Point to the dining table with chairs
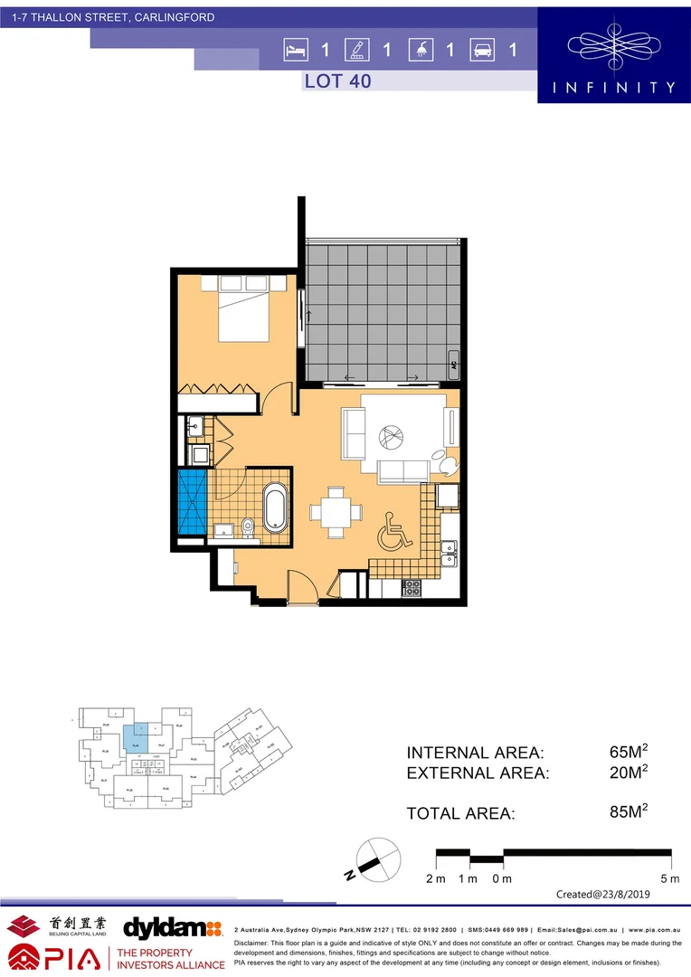coord(336,511)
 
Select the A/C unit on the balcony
coord(453,367)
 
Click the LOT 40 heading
coord(337,81)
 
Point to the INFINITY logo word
coord(613,88)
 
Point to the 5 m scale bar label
coord(668,878)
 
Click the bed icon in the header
coord(293,50)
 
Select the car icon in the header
coord(481,50)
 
